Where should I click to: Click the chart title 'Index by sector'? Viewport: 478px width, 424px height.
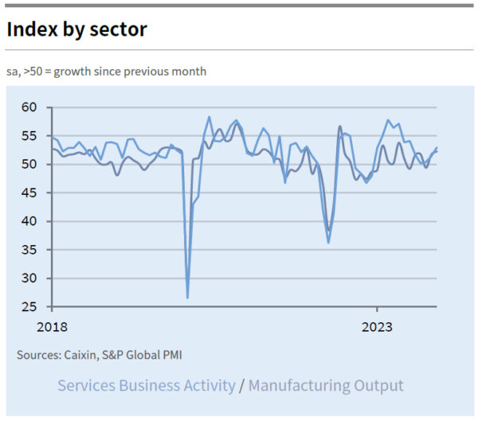tap(76, 29)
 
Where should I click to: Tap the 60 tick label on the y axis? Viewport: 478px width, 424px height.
tap(29, 107)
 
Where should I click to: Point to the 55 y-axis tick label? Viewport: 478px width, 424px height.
tap(29, 136)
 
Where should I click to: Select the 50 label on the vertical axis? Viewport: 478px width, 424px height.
tap(29, 165)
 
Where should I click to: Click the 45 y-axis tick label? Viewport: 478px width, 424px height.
tap(29, 193)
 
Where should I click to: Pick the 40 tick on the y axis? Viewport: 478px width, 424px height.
tap(29, 221)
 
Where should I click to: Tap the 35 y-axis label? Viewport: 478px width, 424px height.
tap(29, 250)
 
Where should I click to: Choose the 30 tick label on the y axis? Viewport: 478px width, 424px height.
tap(29, 278)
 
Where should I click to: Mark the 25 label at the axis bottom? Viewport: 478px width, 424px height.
tap(29, 307)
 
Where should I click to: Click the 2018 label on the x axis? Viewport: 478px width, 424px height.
tap(52, 326)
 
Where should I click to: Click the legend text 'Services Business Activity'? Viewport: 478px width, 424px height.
tap(147, 386)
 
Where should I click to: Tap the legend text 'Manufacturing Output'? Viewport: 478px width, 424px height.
tap(326, 386)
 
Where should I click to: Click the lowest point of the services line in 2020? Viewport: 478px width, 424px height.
tap(187, 298)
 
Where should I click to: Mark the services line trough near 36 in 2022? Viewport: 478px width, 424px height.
tap(328, 243)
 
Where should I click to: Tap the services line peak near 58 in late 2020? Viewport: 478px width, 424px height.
tap(209, 117)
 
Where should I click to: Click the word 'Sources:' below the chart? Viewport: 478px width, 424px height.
tap(38, 355)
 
